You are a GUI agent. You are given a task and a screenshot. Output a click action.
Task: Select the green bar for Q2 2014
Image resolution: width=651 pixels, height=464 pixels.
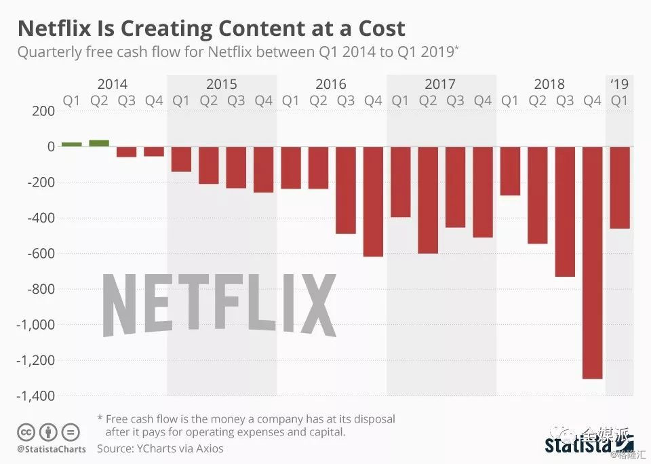click(99, 142)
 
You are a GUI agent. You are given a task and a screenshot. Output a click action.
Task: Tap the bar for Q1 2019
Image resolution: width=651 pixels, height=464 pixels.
click(619, 187)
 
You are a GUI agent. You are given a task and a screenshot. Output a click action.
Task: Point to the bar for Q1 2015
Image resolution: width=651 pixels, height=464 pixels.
click(181, 159)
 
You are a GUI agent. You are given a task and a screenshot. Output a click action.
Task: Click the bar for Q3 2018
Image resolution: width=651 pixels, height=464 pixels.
click(565, 212)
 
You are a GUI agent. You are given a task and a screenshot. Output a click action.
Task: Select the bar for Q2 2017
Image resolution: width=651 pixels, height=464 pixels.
click(428, 200)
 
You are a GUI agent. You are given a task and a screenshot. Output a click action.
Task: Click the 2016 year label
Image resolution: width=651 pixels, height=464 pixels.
click(331, 84)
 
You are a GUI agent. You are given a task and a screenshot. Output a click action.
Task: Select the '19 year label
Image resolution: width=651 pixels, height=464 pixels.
click(619, 84)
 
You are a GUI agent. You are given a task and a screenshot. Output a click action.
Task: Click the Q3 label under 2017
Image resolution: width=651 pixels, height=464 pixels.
click(455, 101)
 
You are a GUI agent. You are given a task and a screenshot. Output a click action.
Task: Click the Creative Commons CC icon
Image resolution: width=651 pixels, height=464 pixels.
click(26, 431)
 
